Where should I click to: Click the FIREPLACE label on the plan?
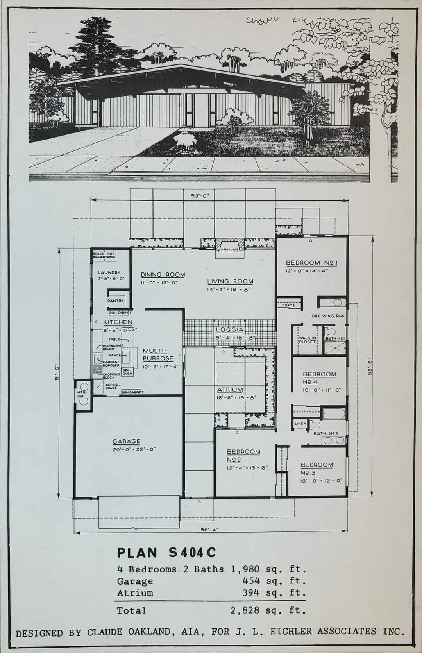(230, 249)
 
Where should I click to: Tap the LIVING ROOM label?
(230, 281)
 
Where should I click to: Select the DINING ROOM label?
(163, 275)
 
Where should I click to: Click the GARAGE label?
(126, 441)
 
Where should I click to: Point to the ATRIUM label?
(230, 390)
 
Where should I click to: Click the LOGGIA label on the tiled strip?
(230, 330)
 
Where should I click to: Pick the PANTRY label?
(115, 301)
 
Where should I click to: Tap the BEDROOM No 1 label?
(311, 263)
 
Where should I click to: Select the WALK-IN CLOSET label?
(307, 340)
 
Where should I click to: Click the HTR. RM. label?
(81, 394)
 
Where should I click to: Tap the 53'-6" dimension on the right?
(370, 366)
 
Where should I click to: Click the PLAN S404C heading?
(166, 553)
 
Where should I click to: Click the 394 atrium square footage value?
(251, 593)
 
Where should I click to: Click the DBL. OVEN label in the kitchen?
(127, 372)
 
